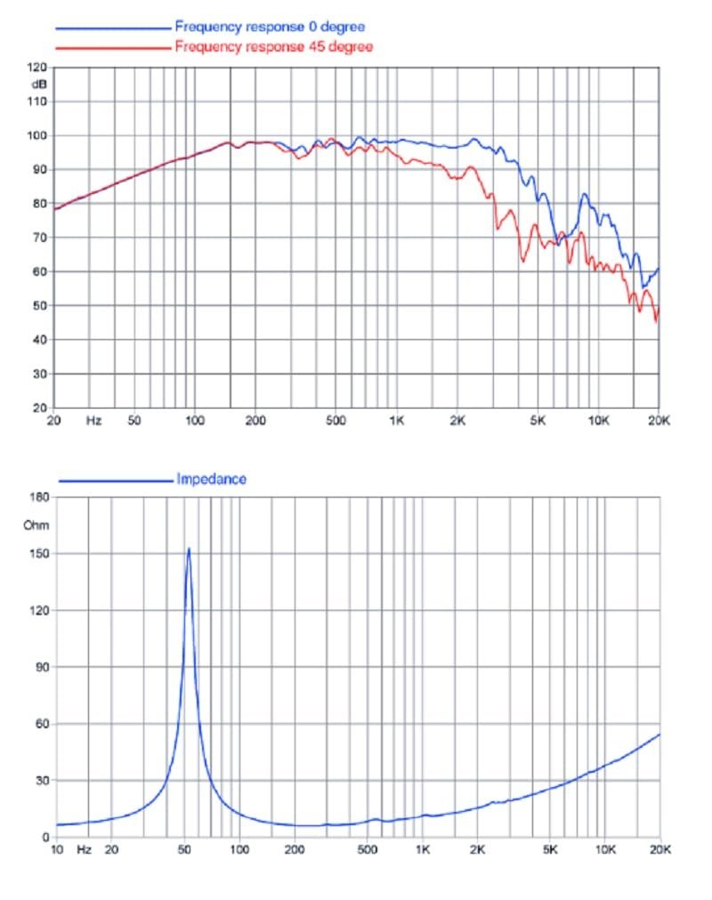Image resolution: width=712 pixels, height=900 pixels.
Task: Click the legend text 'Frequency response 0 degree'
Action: (270, 28)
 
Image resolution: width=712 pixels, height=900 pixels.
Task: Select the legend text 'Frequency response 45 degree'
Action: (273, 45)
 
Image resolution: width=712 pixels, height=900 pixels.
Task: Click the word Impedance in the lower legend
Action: (211, 479)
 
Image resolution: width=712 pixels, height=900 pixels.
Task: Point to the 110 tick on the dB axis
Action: (36, 101)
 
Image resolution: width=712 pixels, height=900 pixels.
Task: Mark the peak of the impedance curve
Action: (189, 548)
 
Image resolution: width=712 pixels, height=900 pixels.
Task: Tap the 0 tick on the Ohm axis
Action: (44, 837)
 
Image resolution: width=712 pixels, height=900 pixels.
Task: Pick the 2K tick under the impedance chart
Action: (477, 850)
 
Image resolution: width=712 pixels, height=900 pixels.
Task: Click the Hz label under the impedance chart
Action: (84, 850)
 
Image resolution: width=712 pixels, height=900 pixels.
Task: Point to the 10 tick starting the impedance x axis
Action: (58, 850)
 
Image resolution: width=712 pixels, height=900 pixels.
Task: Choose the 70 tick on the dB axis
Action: (39, 238)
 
